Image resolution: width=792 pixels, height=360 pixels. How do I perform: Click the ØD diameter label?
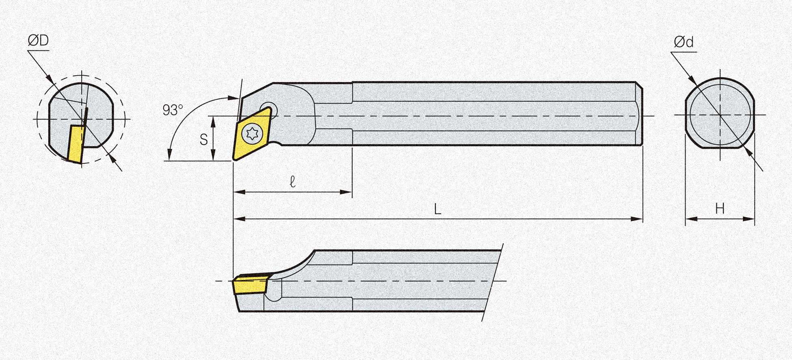[38, 41]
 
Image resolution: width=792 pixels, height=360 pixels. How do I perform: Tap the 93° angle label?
[173, 110]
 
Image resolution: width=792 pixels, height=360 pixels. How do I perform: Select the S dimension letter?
[203, 139]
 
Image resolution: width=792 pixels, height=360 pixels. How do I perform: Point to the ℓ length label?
[292, 182]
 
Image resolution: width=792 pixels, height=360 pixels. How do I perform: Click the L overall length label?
[437, 210]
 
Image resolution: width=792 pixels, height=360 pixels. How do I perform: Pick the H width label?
[720, 209]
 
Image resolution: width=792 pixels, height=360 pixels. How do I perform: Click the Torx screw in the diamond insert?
[251, 133]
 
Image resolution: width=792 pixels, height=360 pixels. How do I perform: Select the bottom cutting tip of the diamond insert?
[234, 160]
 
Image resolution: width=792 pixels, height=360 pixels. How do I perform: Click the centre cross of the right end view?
[720, 115]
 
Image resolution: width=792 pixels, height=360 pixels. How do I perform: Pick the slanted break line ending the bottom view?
[492, 283]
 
